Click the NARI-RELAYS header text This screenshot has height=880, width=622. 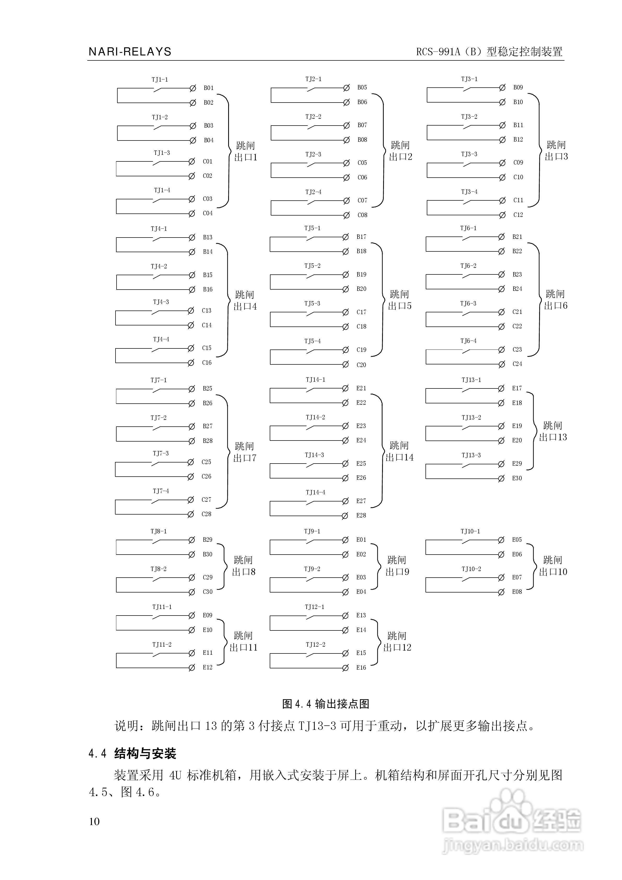130,52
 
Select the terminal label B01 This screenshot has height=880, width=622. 208,88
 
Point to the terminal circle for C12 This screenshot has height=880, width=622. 502,215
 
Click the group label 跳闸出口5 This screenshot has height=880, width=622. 400,300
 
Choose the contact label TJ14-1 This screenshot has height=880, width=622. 315,380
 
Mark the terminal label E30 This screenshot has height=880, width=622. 517,478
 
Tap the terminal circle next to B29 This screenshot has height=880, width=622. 192,540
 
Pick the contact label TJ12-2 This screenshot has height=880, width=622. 315,645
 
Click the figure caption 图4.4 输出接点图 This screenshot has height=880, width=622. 326,704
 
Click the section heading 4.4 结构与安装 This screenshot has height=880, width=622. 132,754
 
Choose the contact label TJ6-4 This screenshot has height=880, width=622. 468,341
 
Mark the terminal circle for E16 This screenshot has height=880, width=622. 345,668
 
